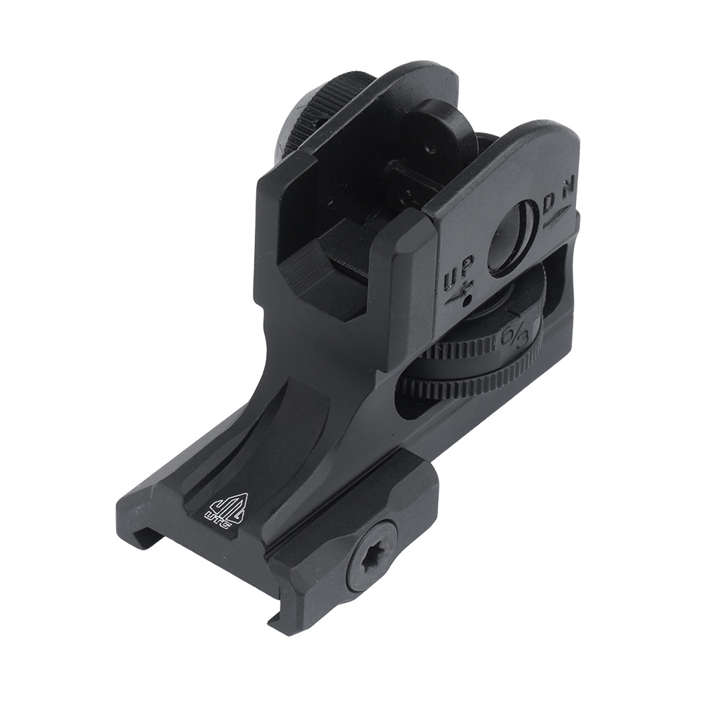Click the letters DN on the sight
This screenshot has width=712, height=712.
(560, 197)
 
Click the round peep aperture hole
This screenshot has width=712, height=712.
(511, 239)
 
